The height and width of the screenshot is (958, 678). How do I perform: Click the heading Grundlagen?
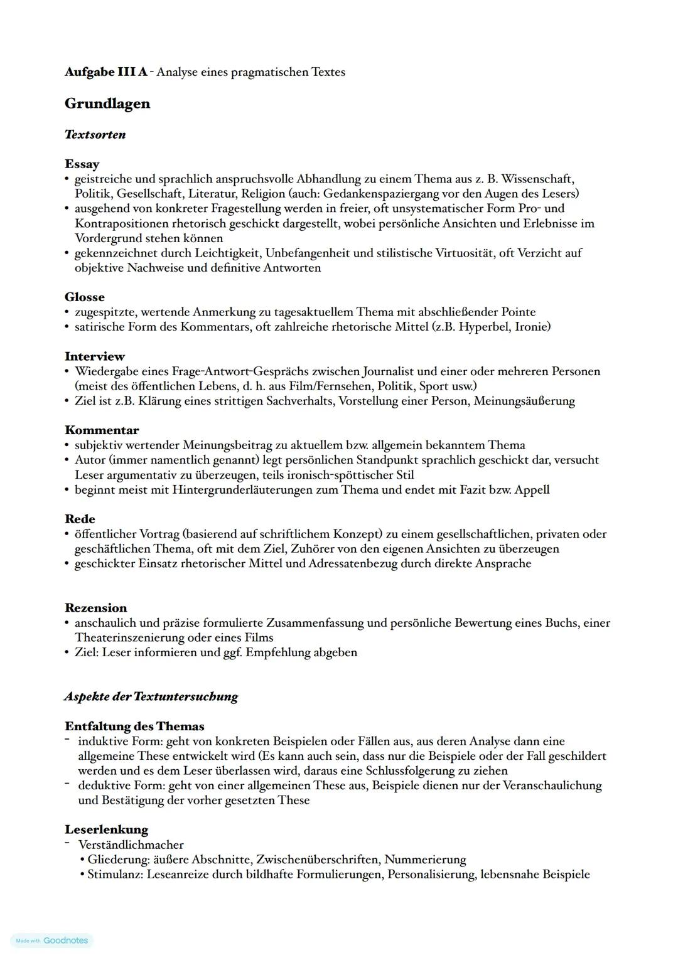click(107, 104)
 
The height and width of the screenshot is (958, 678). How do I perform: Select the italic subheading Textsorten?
click(95, 135)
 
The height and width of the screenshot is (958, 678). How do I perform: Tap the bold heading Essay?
click(82, 164)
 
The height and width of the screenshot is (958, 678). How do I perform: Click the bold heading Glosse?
click(85, 297)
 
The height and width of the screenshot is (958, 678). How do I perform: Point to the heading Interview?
click(95, 356)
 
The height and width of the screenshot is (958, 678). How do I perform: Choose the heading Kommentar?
click(102, 430)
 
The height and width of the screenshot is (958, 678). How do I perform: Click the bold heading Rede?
click(80, 519)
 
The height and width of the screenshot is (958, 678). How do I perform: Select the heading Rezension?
click(96, 608)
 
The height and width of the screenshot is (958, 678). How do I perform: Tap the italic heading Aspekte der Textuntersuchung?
click(151, 696)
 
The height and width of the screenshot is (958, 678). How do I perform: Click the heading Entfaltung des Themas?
click(134, 726)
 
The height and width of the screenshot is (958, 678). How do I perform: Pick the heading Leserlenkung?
click(106, 830)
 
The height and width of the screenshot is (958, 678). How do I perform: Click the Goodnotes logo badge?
click(52, 940)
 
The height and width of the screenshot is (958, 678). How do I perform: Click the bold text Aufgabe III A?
click(106, 72)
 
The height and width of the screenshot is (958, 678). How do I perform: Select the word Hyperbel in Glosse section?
click(483, 327)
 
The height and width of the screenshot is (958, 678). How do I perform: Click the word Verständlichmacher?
click(131, 845)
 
